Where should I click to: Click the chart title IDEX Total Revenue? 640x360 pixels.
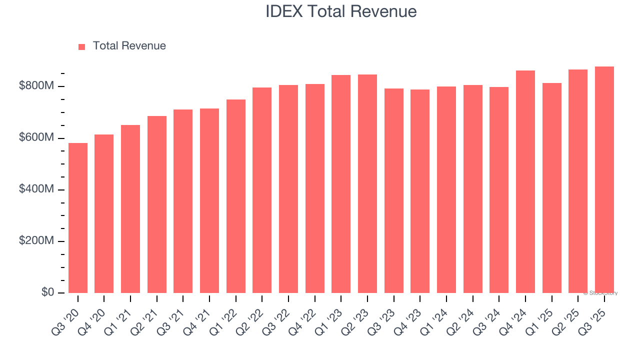click(x=341, y=11)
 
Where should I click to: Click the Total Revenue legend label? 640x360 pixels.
click(x=129, y=46)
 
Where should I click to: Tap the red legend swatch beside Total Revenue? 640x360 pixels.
click(x=82, y=46)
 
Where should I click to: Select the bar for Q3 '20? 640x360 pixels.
click(x=78, y=218)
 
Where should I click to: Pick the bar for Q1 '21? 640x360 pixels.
click(x=130, y=209)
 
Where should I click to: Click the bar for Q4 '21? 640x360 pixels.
click(x=209, y=200)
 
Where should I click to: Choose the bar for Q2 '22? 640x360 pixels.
click(x=262, y=190)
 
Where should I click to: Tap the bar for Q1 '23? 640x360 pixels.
click(x=341, y=184)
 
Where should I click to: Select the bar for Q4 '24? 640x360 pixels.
click(x=525, y=181)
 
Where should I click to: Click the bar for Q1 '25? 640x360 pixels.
click(x=551, y=188)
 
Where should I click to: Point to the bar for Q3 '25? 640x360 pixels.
click(x=604, y=179)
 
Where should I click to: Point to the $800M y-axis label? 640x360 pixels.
click(x=36, y=86)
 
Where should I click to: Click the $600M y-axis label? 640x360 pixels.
click(x=36, y=137)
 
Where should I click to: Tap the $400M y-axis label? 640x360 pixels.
click(x=36, y=189)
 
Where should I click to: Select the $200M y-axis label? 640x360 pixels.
click(x=36, y=240)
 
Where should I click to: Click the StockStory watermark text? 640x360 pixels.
click(x=600, y=293)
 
